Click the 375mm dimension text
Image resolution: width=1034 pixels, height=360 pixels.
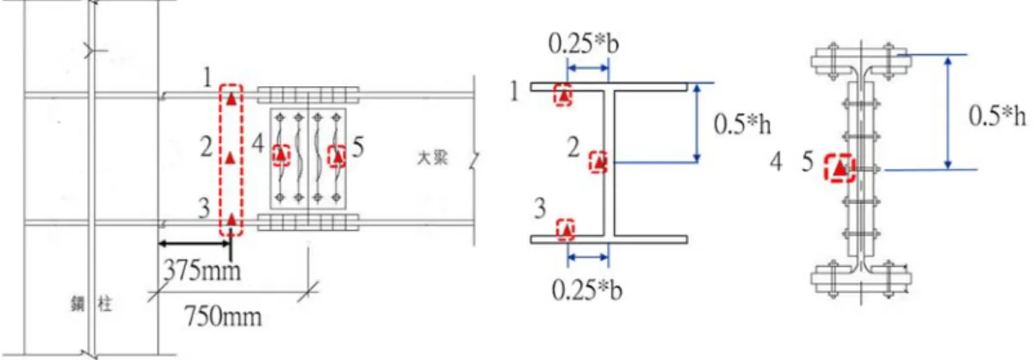pyautogui.click(x=202, y=270)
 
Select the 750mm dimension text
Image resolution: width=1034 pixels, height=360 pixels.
pyautogui.click(x=223, y=316)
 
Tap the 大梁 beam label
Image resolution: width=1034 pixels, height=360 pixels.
pyautogui.click(x=432, y=158)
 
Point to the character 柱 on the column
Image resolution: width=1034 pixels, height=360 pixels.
pyautogui.click(x=104, y=304)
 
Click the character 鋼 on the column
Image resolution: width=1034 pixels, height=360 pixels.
pyautogui.click(x=77, y=304)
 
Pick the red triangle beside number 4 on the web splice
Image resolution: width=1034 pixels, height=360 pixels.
pyautogui.click(x=281, y=156)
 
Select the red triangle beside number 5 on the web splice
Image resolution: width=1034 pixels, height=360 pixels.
pyautogui.click(x=337, y=156)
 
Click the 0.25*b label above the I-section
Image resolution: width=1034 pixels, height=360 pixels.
pyautogui.click(x=584, y=44)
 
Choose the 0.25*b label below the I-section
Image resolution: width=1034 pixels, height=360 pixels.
pyautogui.click(x=587, y=290)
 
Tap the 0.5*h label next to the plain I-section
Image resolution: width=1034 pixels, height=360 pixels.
pyautogui.click(x=742, y=124)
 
